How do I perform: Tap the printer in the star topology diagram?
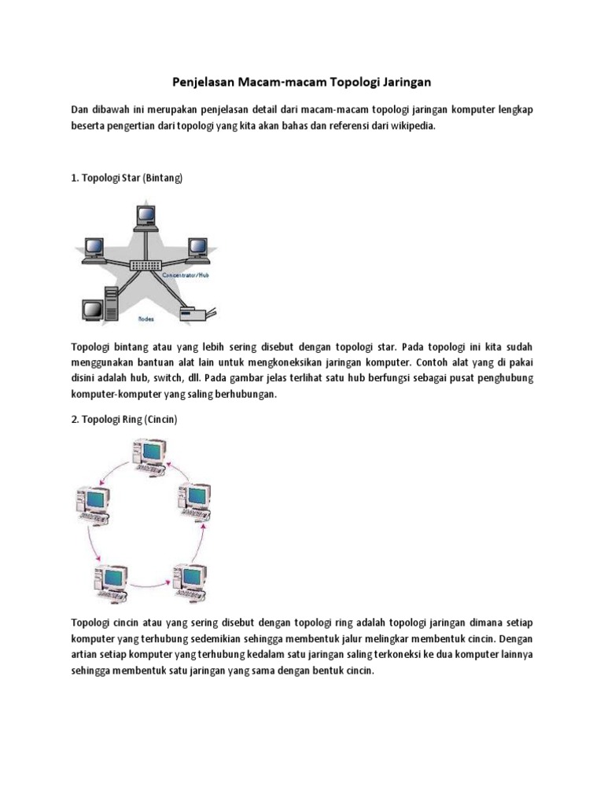[193, 314]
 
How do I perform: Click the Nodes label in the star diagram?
[145, 320]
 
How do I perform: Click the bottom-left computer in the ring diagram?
[109, 581]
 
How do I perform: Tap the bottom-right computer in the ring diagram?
[190, 583]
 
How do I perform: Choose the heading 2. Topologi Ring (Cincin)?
[124, 420]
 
